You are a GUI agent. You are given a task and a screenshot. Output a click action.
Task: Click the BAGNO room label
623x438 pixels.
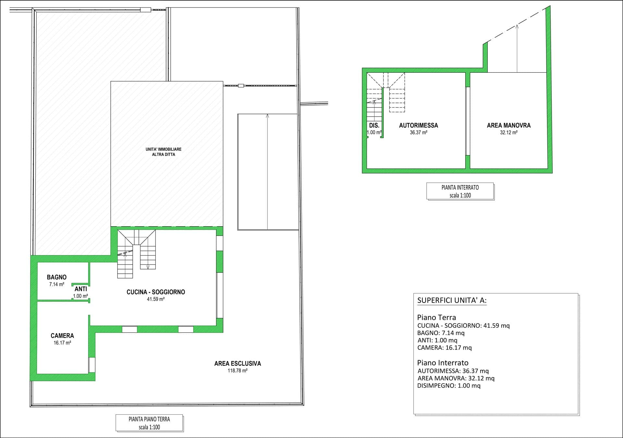click(56, 277)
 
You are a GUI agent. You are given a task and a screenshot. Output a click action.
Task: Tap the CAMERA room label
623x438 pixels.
click(62, 336)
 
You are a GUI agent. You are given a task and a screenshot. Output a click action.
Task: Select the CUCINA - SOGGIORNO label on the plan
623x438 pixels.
click(156, 292)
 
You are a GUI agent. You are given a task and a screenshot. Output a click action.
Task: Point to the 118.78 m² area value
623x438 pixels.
click(238, 370)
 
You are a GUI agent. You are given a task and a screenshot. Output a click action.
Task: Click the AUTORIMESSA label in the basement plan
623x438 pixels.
click(419, 125)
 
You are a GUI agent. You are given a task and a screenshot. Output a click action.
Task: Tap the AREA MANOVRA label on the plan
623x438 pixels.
click(509, 125)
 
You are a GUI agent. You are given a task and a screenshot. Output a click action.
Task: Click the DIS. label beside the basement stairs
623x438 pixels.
click(374, 125)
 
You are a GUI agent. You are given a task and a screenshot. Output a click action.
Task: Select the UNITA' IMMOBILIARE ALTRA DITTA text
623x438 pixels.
click(164, 152)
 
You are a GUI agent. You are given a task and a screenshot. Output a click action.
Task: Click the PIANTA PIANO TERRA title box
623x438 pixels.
click(149, 423)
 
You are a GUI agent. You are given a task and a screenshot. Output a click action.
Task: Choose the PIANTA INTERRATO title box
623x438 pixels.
click(460, 191)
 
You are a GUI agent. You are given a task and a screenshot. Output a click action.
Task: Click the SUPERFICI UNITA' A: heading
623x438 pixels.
click(452, 300)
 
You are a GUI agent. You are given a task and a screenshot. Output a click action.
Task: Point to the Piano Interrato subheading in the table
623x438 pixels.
click(443, 363)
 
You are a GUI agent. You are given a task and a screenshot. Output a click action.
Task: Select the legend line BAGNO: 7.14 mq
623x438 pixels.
click(441, 333)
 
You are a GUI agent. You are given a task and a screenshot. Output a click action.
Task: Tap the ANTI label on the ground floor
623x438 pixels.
click(81, 289)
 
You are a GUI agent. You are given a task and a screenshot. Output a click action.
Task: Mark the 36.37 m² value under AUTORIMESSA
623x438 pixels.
click(419, 132)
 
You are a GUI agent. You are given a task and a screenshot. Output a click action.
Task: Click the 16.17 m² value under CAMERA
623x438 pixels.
click(62, 343)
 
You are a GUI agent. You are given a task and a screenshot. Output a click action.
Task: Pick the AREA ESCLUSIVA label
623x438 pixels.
click(238, 364)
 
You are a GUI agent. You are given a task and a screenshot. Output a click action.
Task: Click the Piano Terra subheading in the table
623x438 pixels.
click(437, 318)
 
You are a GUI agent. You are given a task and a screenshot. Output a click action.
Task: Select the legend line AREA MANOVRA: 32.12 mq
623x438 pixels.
click(456, 378)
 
